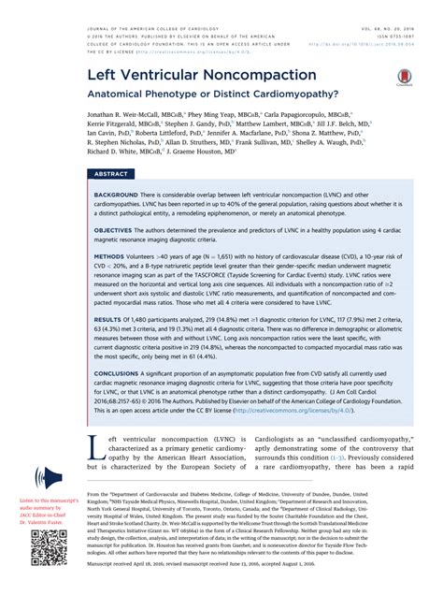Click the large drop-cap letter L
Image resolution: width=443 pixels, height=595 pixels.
pos(93,448)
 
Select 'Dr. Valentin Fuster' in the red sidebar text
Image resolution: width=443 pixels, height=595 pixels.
pos(47,521)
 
